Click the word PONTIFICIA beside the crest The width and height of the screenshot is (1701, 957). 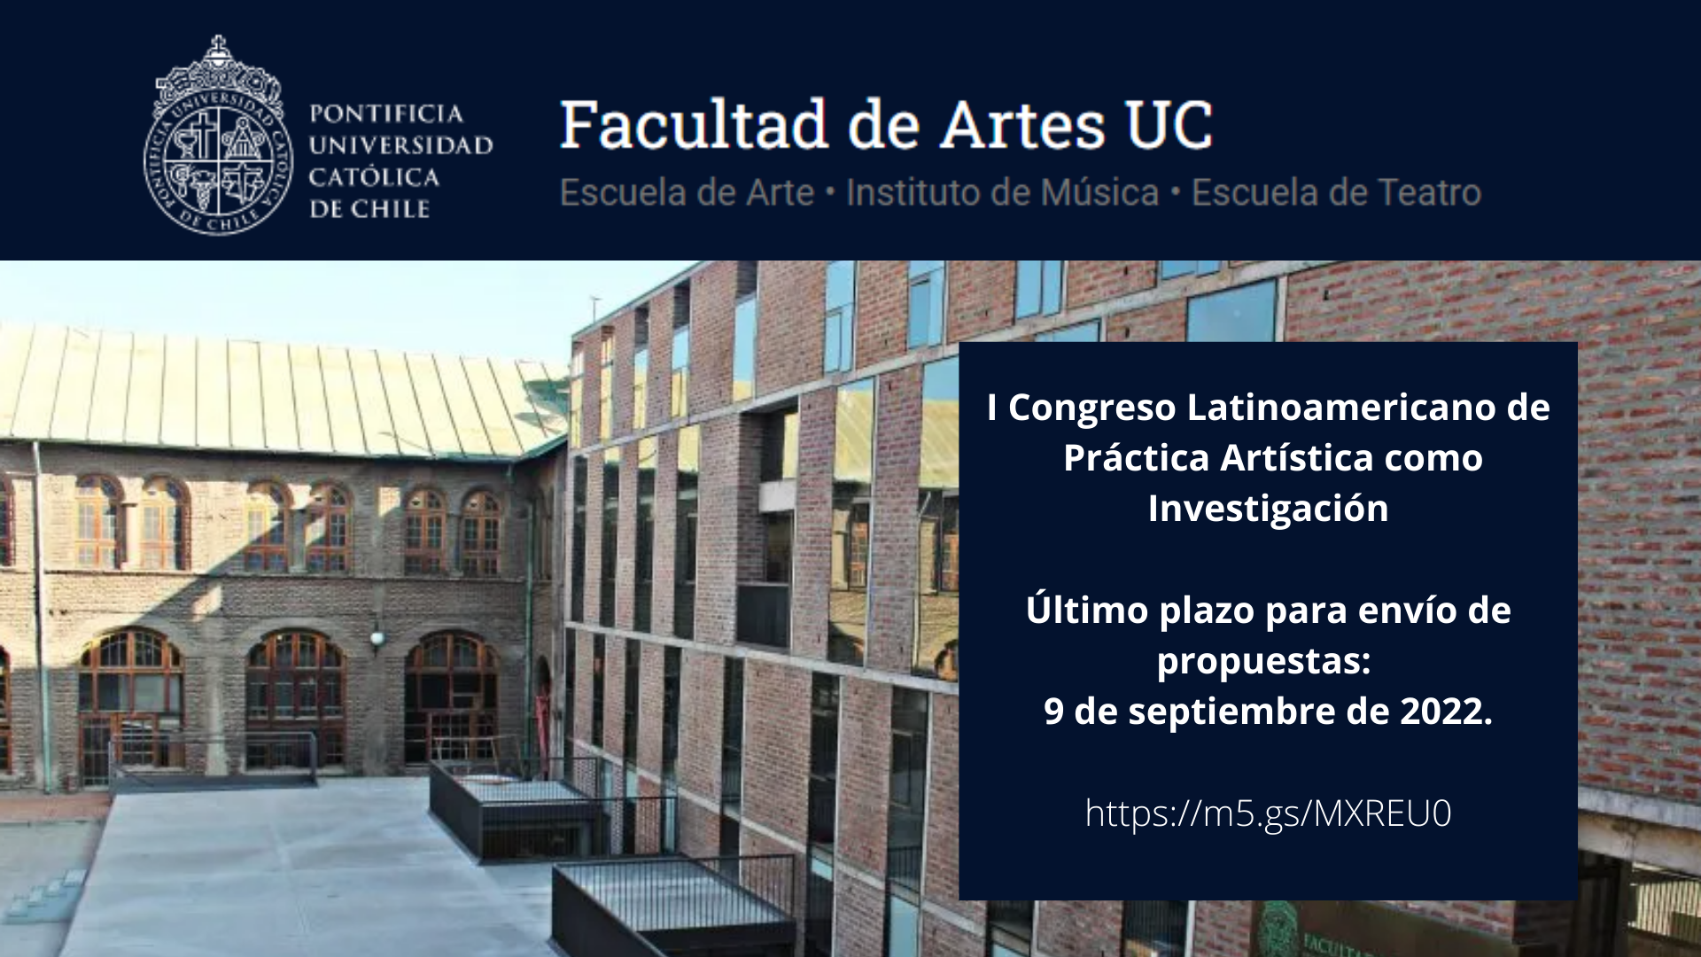[x=385, y=113]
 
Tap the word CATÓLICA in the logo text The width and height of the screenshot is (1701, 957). [x=374, y=177]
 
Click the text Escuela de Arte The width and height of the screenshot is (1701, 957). [x=687, y=192]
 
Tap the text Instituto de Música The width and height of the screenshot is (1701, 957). [x=1002, y=192]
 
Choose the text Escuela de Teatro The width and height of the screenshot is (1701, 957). [x=1336, y=192]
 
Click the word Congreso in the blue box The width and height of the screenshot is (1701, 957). [x=1092, y=408]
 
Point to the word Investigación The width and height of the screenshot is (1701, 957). [x=1268, y=510]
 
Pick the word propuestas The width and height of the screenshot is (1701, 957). [x=1263, y=661]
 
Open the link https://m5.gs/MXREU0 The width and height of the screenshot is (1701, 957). [x=1268, y=813]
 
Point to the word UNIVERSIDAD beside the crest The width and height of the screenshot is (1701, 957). [x=400, y=145]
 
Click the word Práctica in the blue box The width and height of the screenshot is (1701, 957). [x=1137, y=458]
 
